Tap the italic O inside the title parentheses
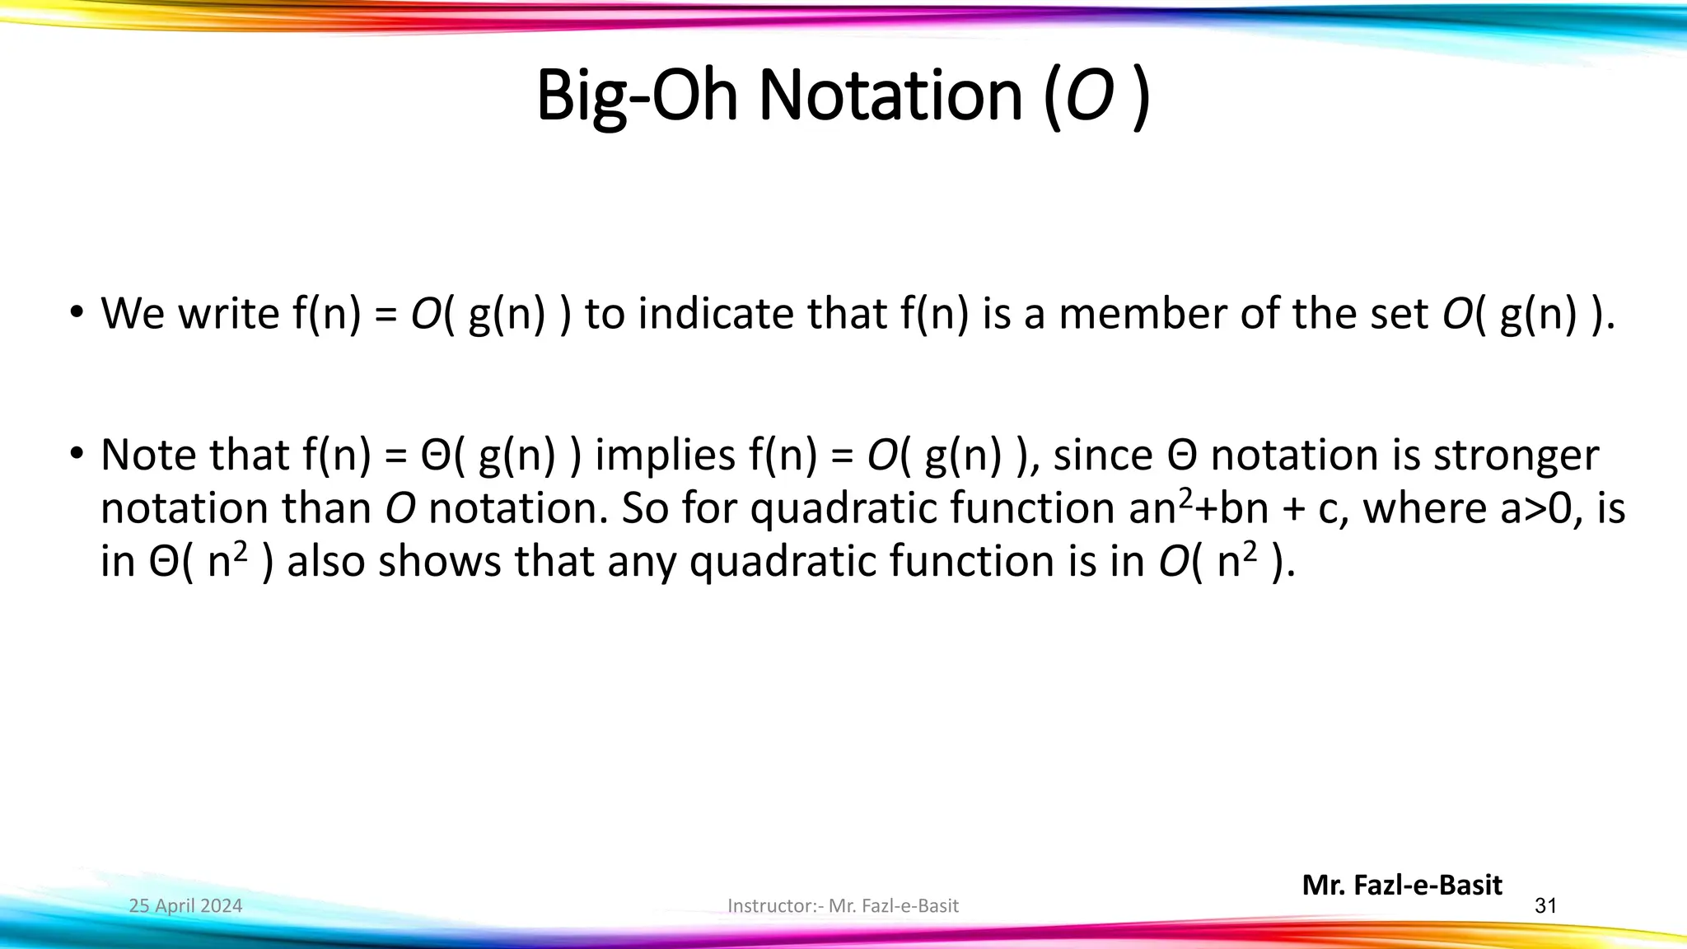tap(1090, 97)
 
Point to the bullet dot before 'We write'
tap(77, 313)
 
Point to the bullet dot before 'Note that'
tap(77, 454)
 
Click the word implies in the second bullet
tap(665, 456)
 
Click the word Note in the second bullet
tap(147, 456)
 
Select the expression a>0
tap(1541, 508)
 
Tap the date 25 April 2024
tap(186, 906)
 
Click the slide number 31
tap(1545, 906)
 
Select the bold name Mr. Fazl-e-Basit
tap(1402, 886)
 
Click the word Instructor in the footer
tap(772, 906)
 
